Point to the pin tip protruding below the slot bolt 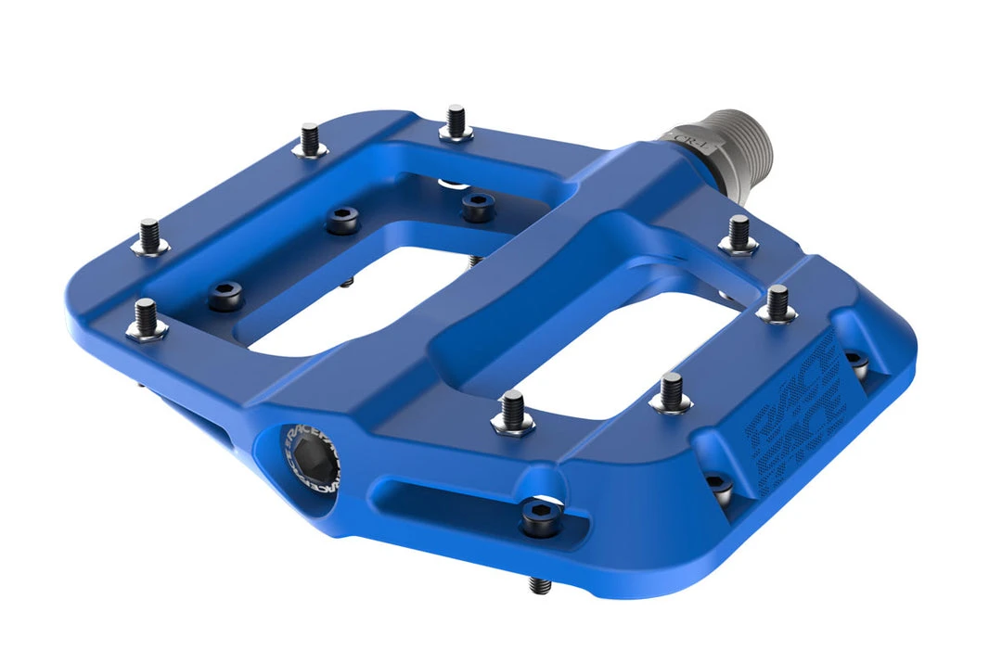[538, 585]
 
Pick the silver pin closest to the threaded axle [739, 234]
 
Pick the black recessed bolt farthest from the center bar [225, 295]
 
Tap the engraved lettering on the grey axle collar [683, 136]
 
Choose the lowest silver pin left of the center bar [148, 318]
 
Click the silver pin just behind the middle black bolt [311, 140]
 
